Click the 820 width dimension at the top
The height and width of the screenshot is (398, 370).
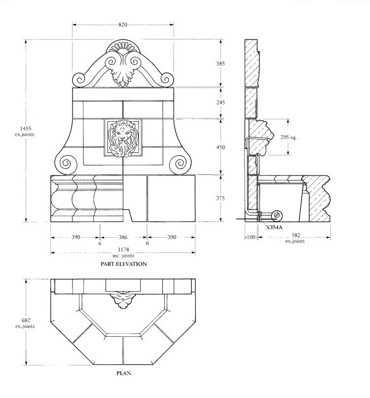point(123,24)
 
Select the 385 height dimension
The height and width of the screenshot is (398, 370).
point(221,63)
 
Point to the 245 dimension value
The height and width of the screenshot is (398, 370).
point(221,103)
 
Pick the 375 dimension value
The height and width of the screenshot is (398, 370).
point(221,198)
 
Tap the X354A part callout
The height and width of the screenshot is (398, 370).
point(274,227)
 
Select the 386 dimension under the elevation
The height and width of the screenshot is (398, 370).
point(123,237)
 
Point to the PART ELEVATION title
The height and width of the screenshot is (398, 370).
point(123,264)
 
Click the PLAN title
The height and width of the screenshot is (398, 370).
point(123,373)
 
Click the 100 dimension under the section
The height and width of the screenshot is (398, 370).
point(251,237)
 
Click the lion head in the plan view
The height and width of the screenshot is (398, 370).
point(123,299)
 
